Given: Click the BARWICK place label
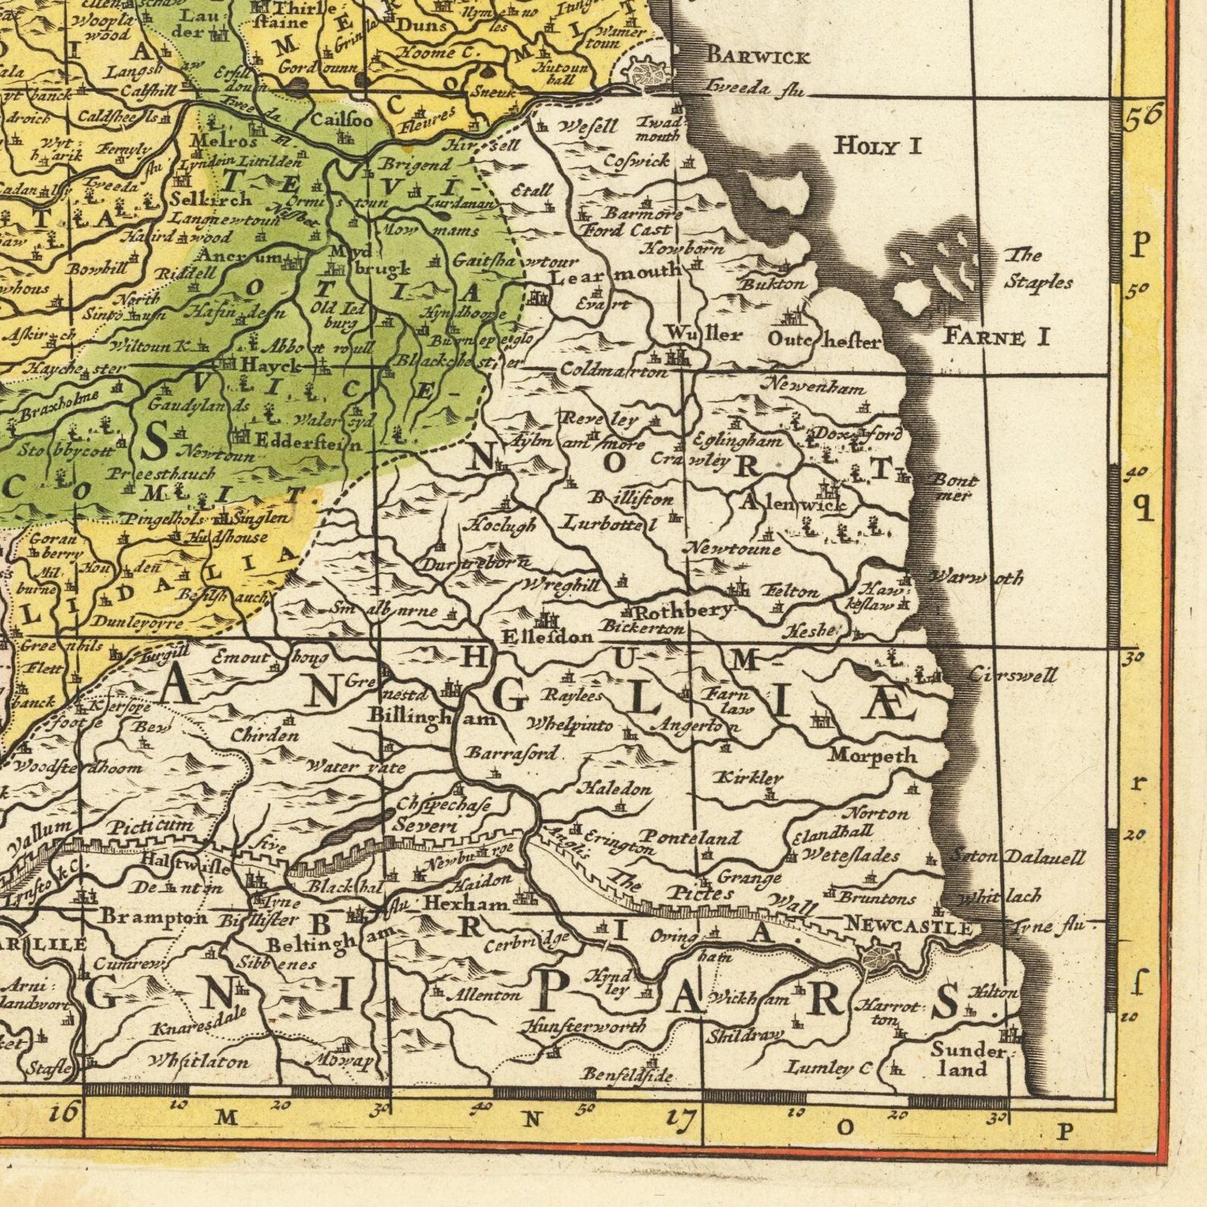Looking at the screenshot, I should (758, 55).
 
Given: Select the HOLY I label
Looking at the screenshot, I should (878, 144).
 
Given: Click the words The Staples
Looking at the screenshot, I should (1038, 269).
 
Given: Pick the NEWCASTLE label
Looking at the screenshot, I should (908, 927).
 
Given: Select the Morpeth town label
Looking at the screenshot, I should (873, 756).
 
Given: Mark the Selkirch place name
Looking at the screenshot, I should (211, 199).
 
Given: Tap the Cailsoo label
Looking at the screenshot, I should (342, 120).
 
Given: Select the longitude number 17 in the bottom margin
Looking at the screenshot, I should (683, 1118).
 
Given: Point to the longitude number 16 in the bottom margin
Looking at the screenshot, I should (64, 1114).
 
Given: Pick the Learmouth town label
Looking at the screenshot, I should (615, 272).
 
